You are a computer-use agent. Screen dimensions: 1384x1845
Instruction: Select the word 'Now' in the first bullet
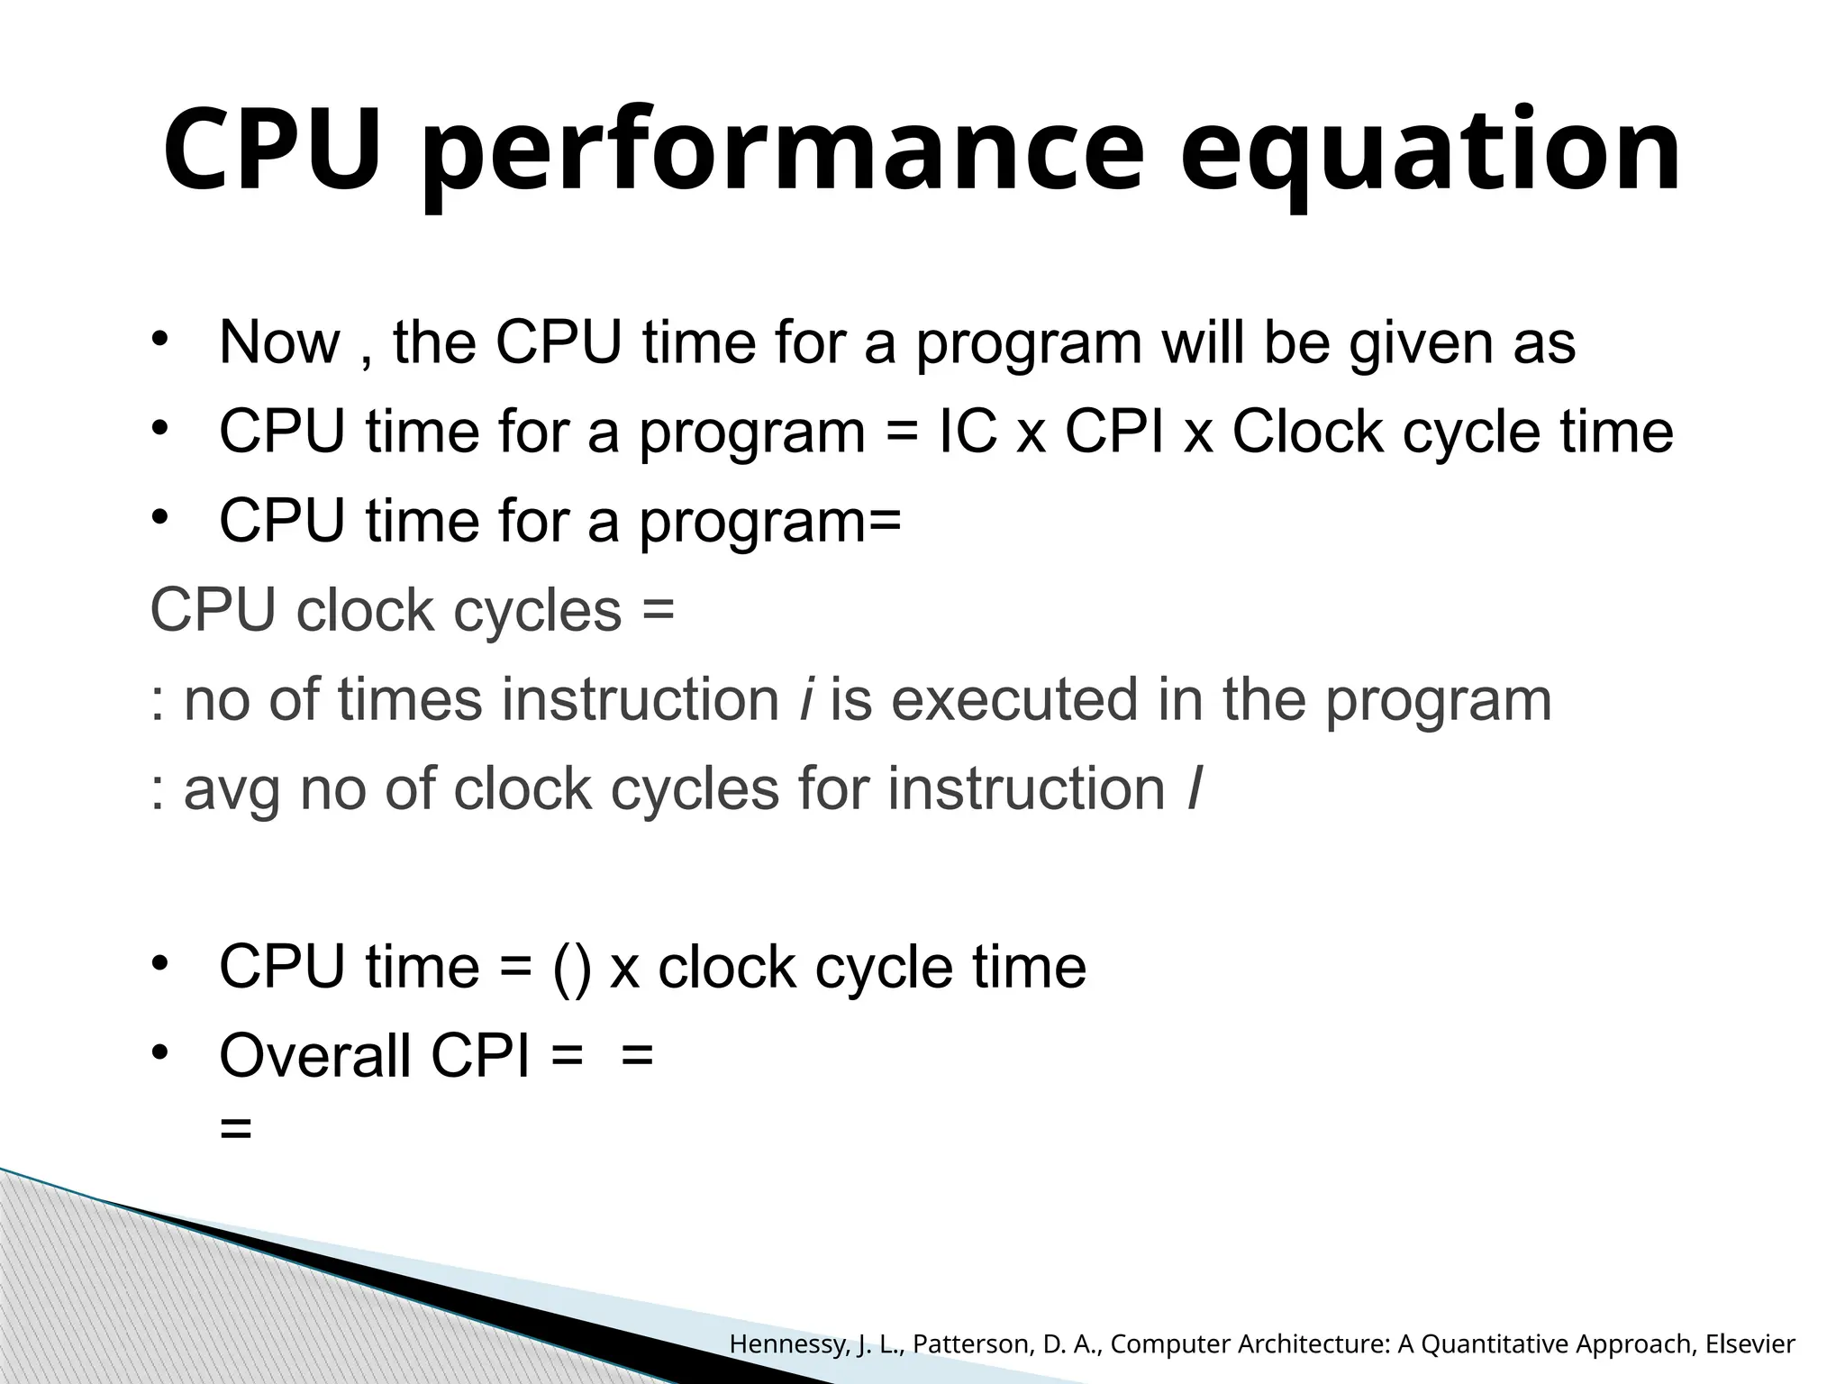(x=279, y=342)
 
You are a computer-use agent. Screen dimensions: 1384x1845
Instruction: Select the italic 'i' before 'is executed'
(x=804, y=699)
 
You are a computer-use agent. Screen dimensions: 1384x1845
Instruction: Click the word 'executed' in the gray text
(x=1014, y=699)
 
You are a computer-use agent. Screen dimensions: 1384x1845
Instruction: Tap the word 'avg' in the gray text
(x=232, y=789)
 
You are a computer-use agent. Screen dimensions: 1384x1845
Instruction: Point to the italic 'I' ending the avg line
(x=1194, y=789)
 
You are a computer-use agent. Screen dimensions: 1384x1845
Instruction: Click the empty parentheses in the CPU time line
(x=572, y=968)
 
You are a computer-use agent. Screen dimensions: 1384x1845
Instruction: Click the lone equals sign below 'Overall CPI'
(x=236, y=1127)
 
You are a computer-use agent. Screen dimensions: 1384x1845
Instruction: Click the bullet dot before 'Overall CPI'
(x=160, y=1052)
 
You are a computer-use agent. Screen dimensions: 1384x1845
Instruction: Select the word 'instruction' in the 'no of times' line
(x=640, y=699)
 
